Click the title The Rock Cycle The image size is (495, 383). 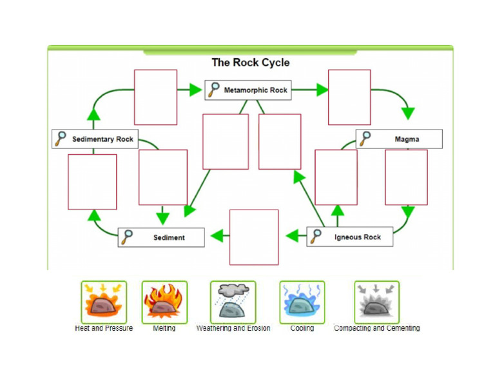pos(251,63)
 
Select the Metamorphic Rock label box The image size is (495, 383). pos(248,90)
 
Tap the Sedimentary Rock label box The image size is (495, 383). pos(95,139)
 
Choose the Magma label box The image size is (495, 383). pos(399,139)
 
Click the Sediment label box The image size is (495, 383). pos(161,237)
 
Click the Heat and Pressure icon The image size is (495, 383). pos(104,302)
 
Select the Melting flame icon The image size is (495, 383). pos(164,302)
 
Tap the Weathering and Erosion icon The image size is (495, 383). pos(233,302)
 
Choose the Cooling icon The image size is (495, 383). pos(302,302)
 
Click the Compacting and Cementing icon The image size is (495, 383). pos(376,302)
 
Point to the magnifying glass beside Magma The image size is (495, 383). pos(365,139)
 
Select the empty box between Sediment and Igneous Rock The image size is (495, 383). pos(254,237)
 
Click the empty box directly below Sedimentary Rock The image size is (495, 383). pos(92,182)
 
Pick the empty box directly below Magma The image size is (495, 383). pos(406,177)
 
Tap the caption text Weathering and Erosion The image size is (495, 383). pos(233,328)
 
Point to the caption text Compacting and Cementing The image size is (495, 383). pos(376,328)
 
